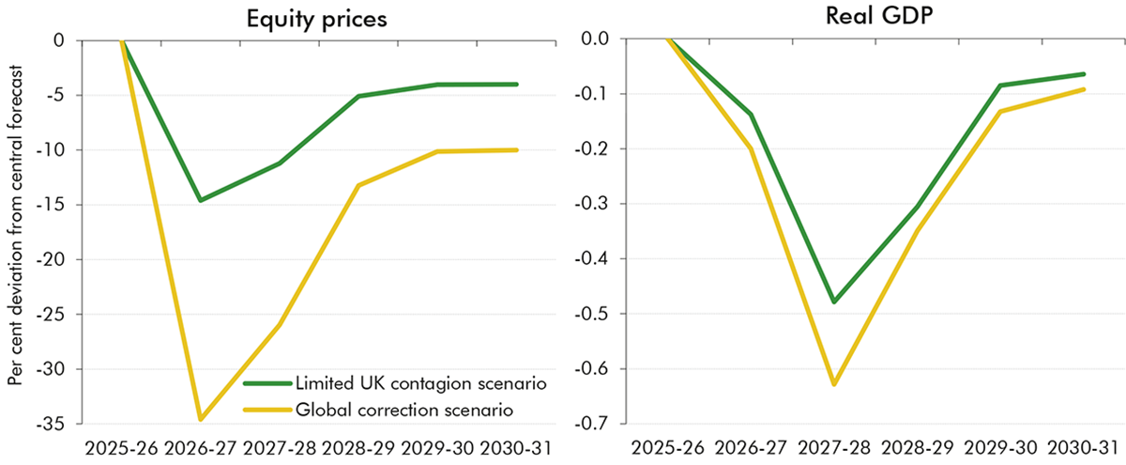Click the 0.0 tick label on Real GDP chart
click(595, 39)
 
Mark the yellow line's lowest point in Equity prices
click(200, 419)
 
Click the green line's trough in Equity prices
click(200, 200)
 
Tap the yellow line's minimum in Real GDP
click(832, 384)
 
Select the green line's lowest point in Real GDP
click(832, 302)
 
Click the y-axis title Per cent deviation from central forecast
click(14, 233)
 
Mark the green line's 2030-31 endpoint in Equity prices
click(517, 84)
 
